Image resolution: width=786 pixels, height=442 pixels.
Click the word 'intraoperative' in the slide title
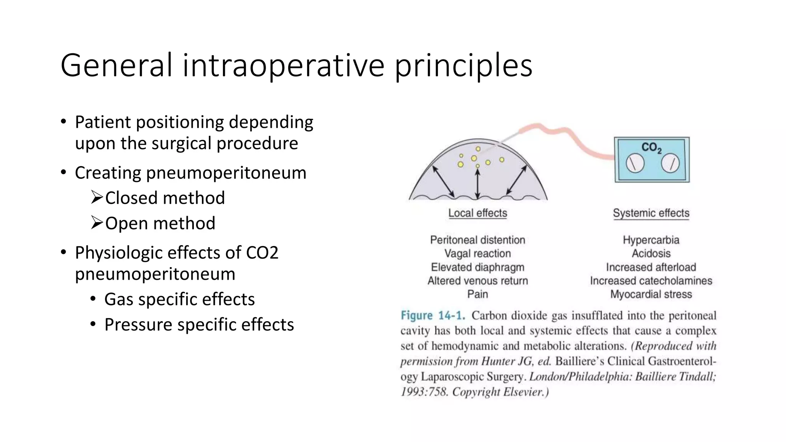tap(283, 66)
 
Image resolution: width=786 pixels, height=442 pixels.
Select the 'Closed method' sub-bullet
tap(165, 198)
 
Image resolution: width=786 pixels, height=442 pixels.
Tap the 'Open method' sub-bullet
tap(160, 224)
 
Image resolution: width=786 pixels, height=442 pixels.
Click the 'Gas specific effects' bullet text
tap(179, 300)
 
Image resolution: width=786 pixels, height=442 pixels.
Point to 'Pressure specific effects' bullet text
tap(199, 325)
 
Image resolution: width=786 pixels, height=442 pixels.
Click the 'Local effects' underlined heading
tap(477, 213)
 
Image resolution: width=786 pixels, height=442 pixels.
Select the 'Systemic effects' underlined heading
tap(651, 213)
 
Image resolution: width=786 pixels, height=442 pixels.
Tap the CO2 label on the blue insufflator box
tap(651, 147)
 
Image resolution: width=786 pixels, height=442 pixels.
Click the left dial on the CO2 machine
tap(635, 163)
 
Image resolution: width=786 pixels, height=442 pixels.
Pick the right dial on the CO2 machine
tap(670, 163)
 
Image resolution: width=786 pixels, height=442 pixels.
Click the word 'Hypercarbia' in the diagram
tap(651, 240)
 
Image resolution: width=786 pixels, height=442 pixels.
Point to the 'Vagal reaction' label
tap(477, 254)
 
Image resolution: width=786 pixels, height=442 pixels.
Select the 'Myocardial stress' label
tap(651, 294)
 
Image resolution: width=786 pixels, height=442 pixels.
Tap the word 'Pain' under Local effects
tap(477, 294)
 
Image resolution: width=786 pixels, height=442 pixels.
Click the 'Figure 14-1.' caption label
tap(433, 316)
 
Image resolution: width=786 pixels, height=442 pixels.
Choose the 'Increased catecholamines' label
tap(651, 281)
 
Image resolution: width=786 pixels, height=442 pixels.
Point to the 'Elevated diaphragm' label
tap(477, 267)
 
